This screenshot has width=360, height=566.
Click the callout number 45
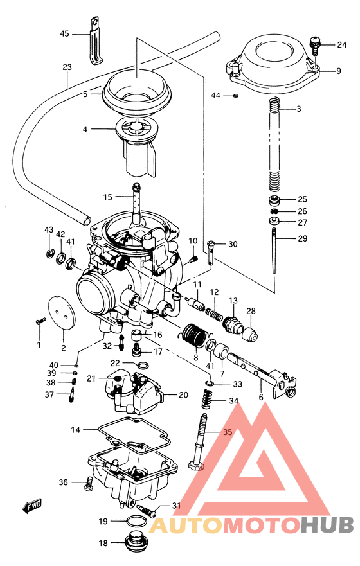click(64, 33)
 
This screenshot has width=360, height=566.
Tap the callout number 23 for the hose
click(67, 67)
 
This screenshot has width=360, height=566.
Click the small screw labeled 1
click(40, 319)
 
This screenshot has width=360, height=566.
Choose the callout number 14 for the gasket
click(75, 429)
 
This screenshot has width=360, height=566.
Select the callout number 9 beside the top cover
click(338, 71)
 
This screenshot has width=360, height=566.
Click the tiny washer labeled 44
click(236, 96)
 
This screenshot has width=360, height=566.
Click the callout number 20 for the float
click(183, 395)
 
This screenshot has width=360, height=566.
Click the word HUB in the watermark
click(327, 526)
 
